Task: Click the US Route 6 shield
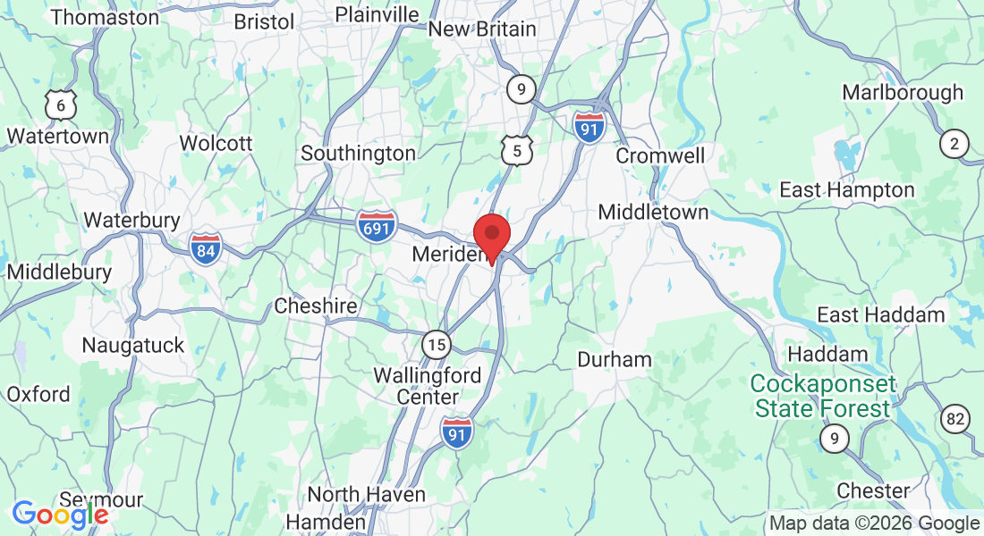61,105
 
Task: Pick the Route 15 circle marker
437,343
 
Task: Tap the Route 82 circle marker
955,417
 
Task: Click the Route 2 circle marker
954,143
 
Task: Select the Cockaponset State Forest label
822,397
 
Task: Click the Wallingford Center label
428,386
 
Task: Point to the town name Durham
615,360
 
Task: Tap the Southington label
358,154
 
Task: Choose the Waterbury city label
131,220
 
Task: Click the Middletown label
653,213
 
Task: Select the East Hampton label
846,189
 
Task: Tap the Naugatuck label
132,345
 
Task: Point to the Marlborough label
903,92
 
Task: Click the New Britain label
482,29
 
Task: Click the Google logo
60,515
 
